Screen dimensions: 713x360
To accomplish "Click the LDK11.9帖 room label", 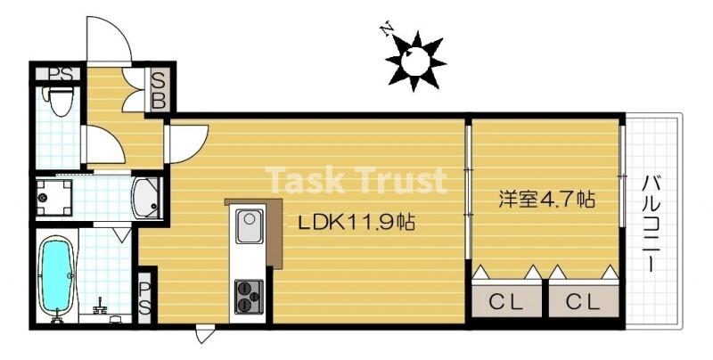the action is [x=356, y=222].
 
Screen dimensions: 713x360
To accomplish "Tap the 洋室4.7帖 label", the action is [x=547, y=199].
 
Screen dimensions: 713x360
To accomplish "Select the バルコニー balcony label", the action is [x=652, y=225].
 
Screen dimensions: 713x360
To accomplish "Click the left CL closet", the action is [x=506, y=300].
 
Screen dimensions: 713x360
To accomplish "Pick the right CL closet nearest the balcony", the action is [x=584, y=300].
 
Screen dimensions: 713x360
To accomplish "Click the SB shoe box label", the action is [x=159, y=90].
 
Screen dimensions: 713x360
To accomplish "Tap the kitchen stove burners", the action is [x=249, y=297].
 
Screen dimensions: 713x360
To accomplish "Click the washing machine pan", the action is [x=54, y=198].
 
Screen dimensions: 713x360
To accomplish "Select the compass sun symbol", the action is [x=415, y=61].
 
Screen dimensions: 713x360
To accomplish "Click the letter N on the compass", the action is [x=387, y=29].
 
